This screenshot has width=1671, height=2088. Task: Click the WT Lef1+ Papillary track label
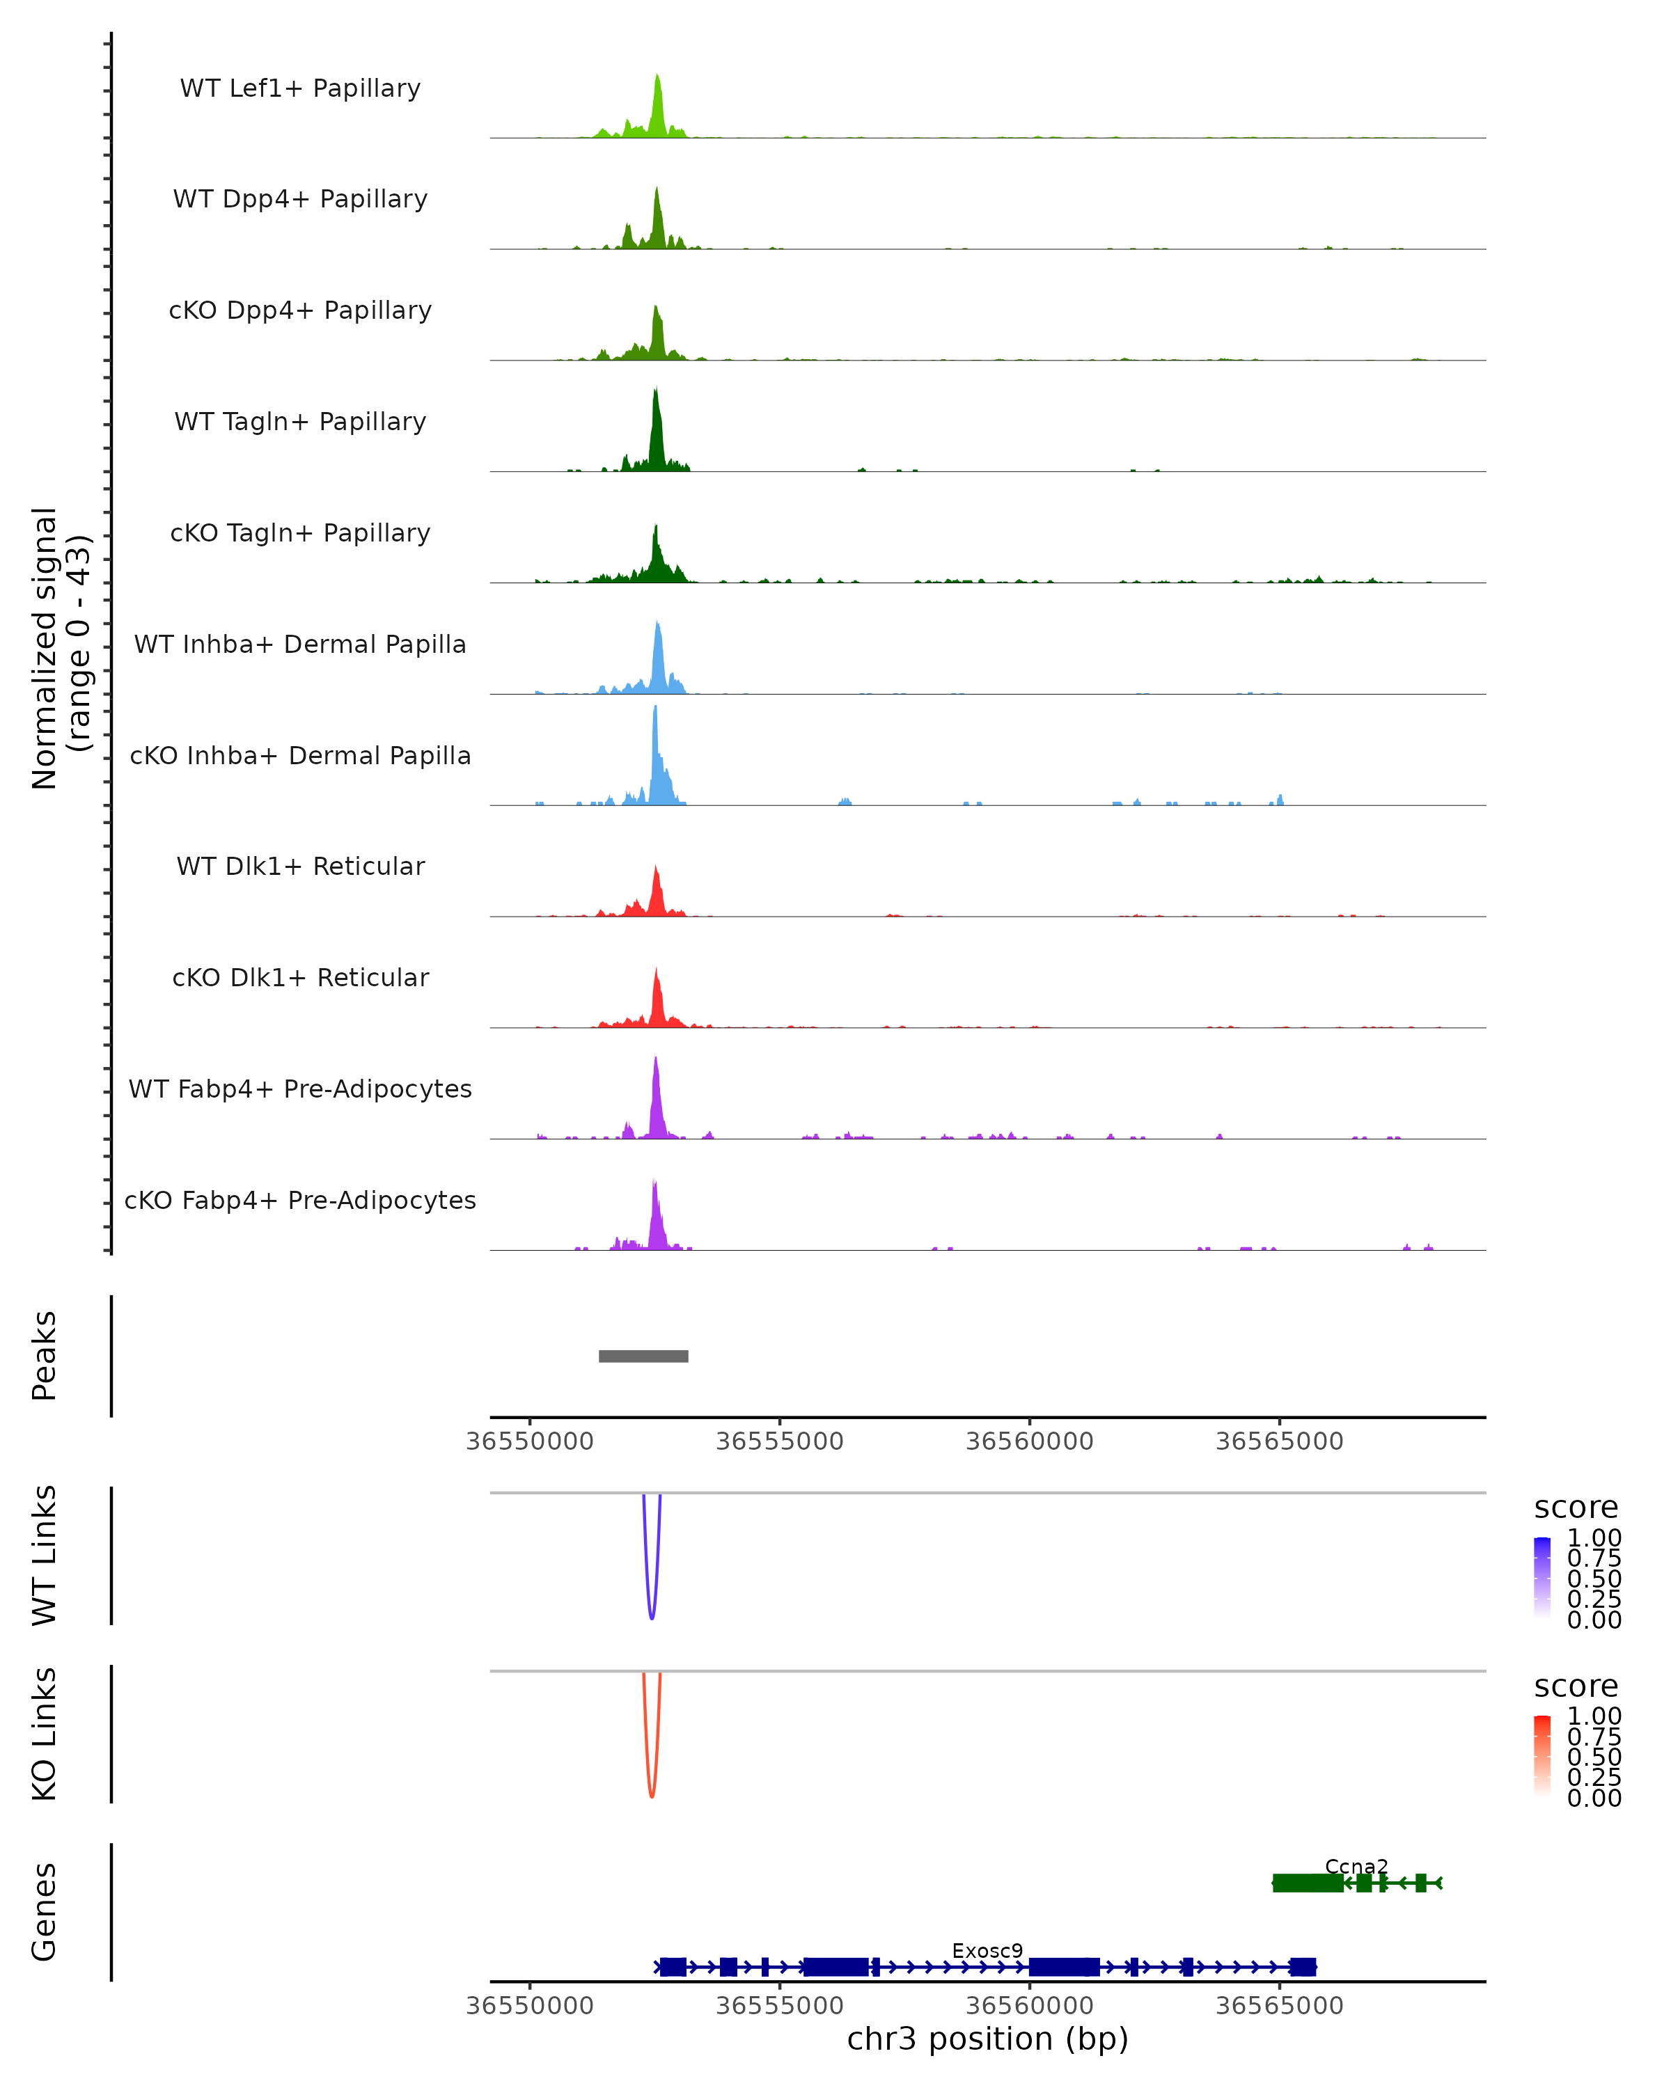300,88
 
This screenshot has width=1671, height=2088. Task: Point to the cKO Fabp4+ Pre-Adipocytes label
300,1200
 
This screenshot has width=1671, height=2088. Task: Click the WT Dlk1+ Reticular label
300,866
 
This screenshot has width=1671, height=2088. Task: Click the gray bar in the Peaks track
643,1356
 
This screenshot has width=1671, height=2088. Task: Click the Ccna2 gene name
1356,1866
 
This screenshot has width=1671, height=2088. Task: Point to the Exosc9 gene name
987,1950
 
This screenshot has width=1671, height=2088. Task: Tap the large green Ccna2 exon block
1307,1883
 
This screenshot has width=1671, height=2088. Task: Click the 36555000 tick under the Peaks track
780,1441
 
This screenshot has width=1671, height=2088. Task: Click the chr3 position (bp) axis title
987,2039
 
